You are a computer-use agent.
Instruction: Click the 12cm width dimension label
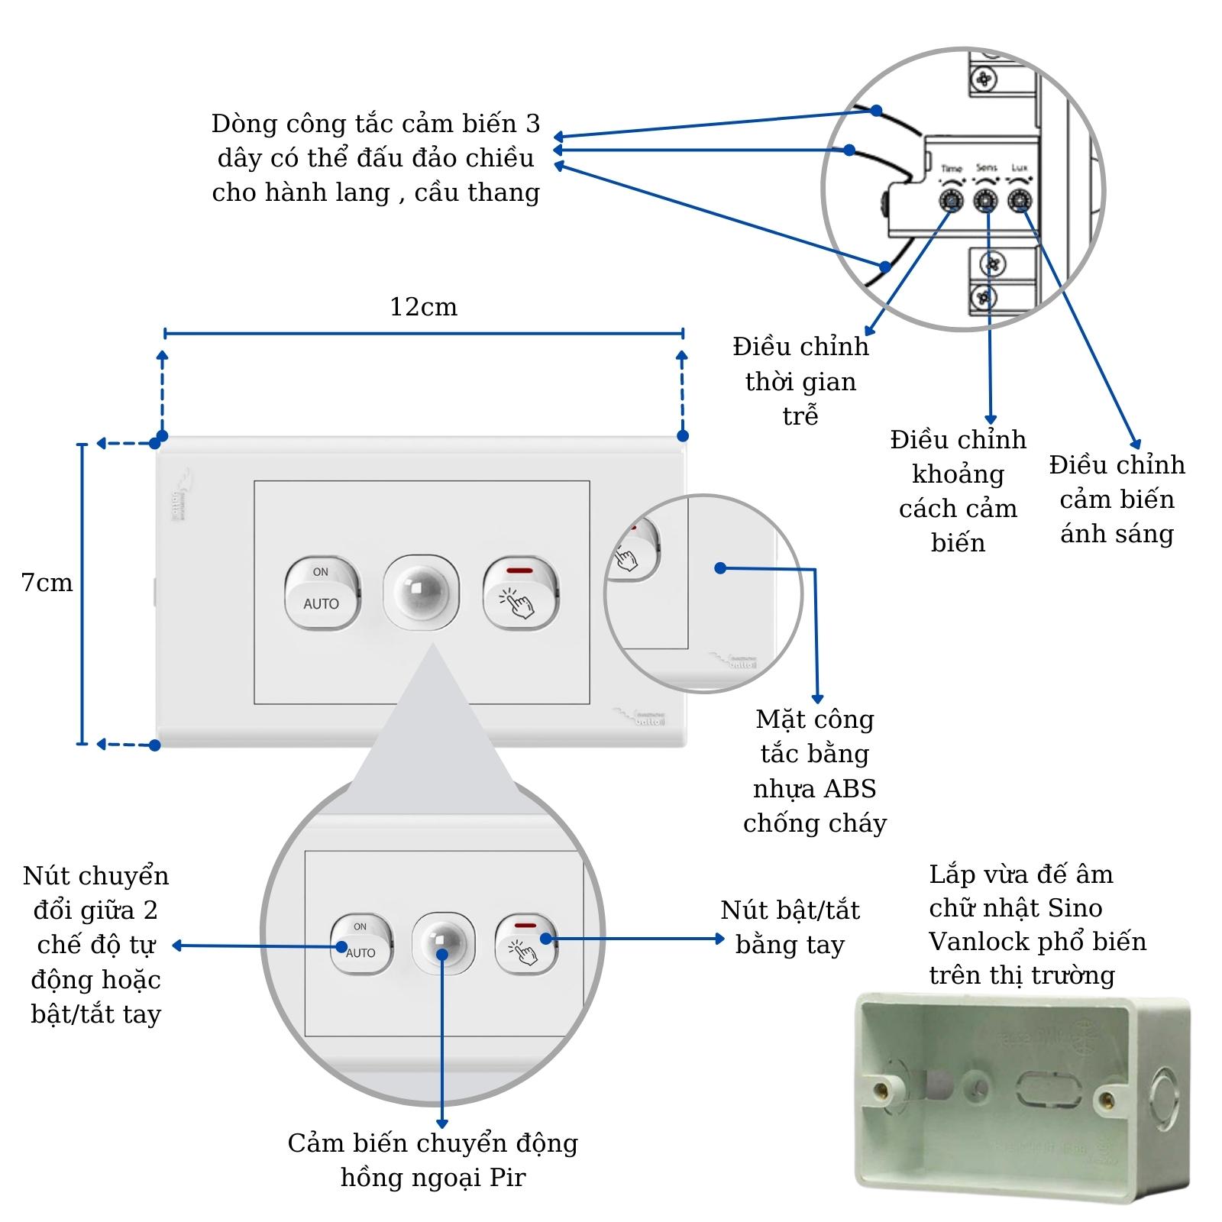click(x=423, y=307)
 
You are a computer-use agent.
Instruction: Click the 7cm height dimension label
click(x=47, y=583)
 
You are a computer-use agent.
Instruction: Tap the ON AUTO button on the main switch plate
click(x=322, y=593)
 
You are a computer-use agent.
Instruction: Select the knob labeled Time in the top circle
click(x=951, y=201)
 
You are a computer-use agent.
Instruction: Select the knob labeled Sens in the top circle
click(x=985, y=201)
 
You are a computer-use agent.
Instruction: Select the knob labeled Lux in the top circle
click(x=1020, y=201)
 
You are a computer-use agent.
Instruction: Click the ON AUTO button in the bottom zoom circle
click(x=360, y=944)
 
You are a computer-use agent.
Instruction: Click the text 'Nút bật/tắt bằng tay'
click(x=790, y=927)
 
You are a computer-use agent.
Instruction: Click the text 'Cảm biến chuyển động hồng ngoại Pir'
click(x=432, y=1159)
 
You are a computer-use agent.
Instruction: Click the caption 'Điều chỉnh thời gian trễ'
click(x=800, y=381)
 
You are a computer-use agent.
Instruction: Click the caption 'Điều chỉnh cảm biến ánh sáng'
click(x=1117, y=499)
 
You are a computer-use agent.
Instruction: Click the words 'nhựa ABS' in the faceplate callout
click(x=814, y=788)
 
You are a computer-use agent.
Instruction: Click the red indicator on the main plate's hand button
click(x=519, y=571)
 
